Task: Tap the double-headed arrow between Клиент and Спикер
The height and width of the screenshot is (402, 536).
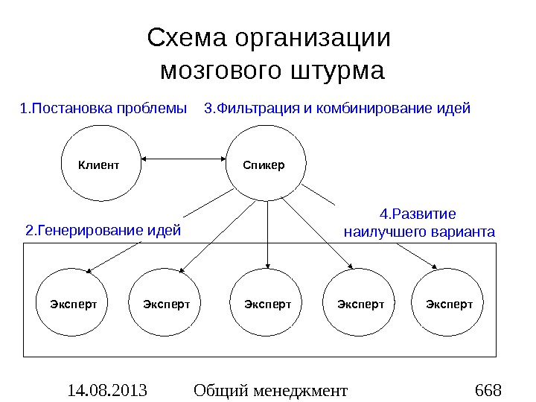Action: [x=182, y=159]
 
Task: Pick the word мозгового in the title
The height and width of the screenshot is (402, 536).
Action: [x=220, y=71]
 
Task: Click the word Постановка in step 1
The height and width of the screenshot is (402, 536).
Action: [x=70, y=109]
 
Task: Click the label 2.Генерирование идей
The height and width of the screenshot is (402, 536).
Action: [x=103, y=230]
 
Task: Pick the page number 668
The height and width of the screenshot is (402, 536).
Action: [x=488, y=389]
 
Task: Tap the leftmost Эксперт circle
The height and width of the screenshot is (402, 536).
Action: [x=74, y=304]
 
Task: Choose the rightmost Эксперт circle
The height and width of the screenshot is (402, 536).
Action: [x=449, y=304]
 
